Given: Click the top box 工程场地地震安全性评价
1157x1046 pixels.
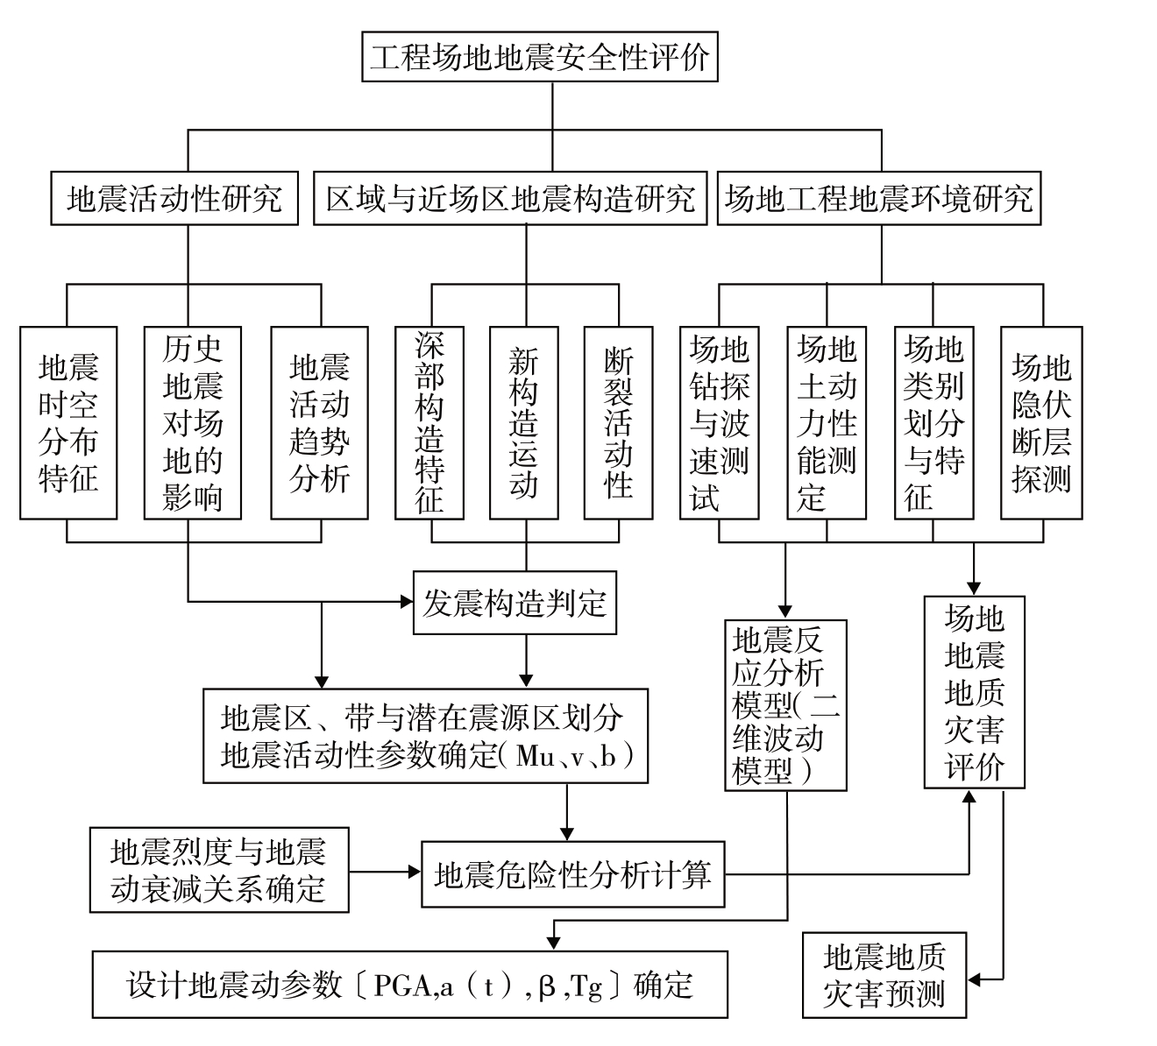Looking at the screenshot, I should pyautogui.click(x=539, y=57).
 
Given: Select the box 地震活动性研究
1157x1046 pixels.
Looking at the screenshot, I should pyautogui.click(x=174, y=199).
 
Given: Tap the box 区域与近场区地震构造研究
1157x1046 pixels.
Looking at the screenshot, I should pyautogui.click(x=510, y=199).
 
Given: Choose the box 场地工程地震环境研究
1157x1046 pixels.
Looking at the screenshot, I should pyautogui.click(x=878, y=199).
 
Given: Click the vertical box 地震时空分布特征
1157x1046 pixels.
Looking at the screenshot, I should pyautogui.click(x=68, y=422).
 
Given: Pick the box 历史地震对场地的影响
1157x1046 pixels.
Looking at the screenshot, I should pyautogui.click(x=193, y=422).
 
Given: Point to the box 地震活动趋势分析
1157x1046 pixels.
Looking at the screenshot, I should pyautogui.click(x=319, y=422).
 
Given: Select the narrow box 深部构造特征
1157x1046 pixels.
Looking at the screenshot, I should pyautogui.click(x=429, y=422).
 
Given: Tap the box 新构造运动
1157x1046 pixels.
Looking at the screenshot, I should pyautogui.click(x=524, y=422).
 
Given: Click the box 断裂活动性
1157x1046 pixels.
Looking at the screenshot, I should pyautogui.click(x=619, y=422).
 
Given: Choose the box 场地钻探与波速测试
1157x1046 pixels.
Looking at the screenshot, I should pyautogui.click(x=719, y=422).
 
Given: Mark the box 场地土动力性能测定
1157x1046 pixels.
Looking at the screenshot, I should pyautogui.click(x=826, y=422).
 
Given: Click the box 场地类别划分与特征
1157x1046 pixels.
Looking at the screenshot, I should pyautogui.click(x=933, y=422).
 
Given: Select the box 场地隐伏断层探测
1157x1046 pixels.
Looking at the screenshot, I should pyautogui.click(x=1041, y=422).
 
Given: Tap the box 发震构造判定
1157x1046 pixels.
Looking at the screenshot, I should pyautogui.click(x=515, y=603).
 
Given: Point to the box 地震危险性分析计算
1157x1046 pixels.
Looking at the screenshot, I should pyautogui.click(x=573, y=874).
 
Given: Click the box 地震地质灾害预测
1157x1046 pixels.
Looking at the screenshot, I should pyautogui.click(x=884, y=975).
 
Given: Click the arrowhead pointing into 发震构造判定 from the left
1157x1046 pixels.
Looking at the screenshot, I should pyautogui.click(x=407, y=601).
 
